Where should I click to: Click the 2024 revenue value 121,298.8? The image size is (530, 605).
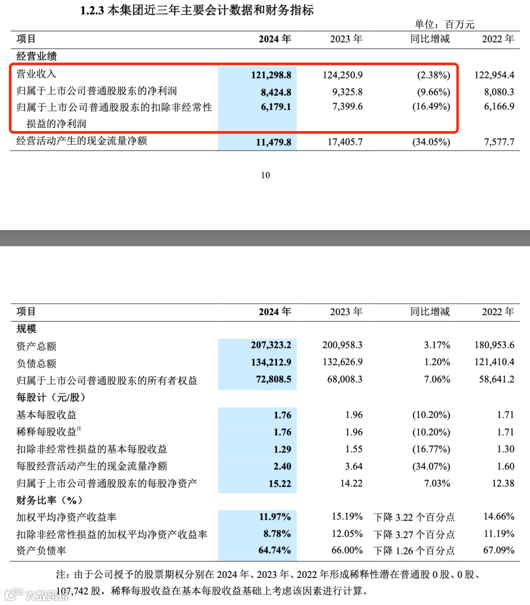[x=271, y=75]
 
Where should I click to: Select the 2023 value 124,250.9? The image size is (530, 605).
[x=343, y=75]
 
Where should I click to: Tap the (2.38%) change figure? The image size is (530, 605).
[x=433, y=75]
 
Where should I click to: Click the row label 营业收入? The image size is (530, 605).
[x=36, y=74]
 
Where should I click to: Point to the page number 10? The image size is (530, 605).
[x=265, y=175]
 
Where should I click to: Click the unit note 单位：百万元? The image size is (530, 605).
[x=444, y=25]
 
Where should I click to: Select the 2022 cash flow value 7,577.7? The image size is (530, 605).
[x=499, y=142]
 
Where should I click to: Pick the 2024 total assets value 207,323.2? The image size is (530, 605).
[x=271, y=345]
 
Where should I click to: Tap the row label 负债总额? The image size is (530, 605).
[x=36, y=363]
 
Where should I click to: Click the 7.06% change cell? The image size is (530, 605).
[x=437, y=380]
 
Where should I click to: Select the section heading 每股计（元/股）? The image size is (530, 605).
[x=51, y=397]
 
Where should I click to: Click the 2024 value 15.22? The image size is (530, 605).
[x=280, y=484]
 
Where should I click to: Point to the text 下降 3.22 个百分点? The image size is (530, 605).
[x=414, y=517]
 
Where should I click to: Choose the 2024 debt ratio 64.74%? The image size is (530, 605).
[x=274, y=550]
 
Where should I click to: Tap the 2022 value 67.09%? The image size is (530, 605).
[x=499, y=550]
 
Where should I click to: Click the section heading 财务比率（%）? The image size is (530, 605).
[x=49, y=500]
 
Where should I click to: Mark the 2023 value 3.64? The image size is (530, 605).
[x=354, y=467]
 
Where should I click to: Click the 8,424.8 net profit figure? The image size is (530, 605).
[x=276, y=92]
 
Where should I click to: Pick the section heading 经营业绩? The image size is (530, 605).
[x=36, y=56]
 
